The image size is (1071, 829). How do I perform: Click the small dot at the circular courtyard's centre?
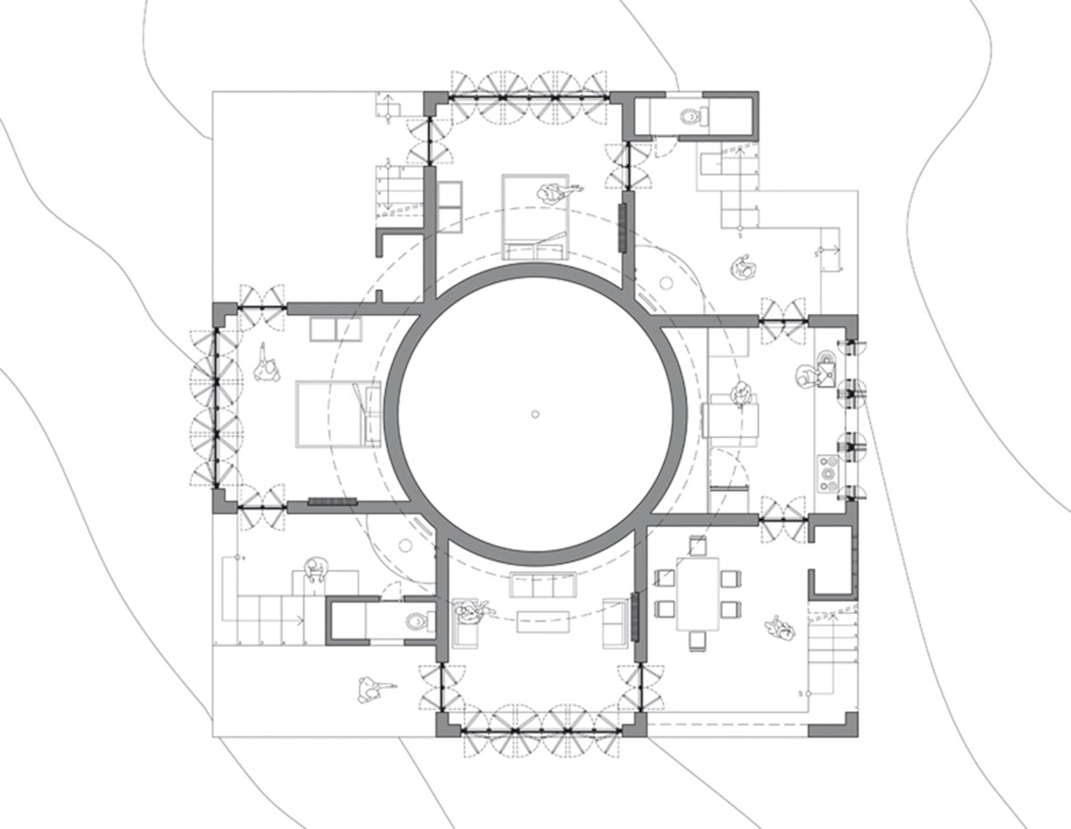(535, 413)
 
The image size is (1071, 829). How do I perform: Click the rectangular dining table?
(697, 593)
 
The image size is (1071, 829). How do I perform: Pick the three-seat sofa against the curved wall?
(542, 586)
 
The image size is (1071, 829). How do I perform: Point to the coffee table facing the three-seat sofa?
(542, 620)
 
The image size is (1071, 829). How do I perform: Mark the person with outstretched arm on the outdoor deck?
(372, 688)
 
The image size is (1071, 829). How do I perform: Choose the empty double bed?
(338, 412)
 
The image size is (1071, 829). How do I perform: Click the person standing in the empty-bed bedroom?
(265, 366)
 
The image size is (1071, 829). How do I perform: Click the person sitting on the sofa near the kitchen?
(740, 395)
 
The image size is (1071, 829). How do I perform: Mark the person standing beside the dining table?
(781, 628)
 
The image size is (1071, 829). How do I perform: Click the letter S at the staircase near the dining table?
(801, 693)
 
